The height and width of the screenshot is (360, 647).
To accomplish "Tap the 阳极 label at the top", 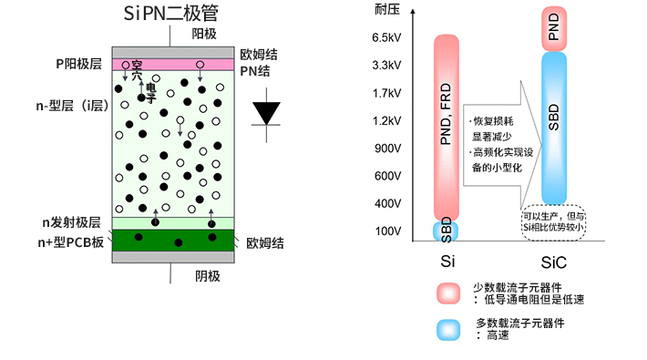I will (x=204, y=34).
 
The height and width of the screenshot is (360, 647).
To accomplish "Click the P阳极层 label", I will (x=81, y=65).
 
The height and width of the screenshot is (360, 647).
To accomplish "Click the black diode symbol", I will (x=266, y=113).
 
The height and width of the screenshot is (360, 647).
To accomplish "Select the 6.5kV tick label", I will (x=386, y=38).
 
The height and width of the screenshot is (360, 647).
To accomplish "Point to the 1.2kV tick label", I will (x=386, y=120).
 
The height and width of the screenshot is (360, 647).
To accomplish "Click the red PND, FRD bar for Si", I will (x=446, y=128).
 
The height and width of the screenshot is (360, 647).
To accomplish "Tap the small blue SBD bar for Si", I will (x=446, y=231).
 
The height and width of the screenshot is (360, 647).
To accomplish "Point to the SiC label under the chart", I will (x=553, y=262).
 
